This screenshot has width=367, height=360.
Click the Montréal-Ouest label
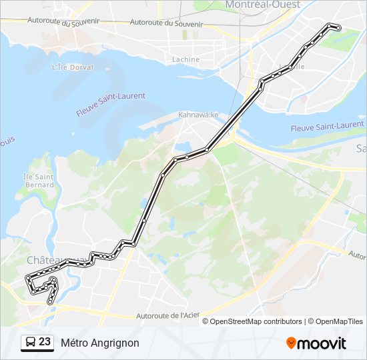[263, 5]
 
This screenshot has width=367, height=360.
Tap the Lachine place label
[186, 59]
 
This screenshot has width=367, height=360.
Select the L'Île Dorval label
[67, 67]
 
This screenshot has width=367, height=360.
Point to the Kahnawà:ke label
[198, 115]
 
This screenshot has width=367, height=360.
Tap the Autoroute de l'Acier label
[167, 315]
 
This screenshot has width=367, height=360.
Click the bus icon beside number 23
[30, 343]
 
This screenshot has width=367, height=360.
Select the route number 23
[45, 342]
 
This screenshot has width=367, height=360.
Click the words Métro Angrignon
[100, 343]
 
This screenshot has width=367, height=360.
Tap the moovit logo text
[322, 343]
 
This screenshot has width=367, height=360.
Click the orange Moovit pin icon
[291, 343]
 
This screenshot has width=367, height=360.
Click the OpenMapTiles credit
[336, 321]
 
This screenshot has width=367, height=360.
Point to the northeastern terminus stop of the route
[338, 28]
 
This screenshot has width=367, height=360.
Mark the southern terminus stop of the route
[49, 302]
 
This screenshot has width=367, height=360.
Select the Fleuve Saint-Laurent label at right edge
[327, 126]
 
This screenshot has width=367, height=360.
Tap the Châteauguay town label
[47, 259]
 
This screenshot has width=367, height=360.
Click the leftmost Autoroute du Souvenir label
[63, 21]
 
